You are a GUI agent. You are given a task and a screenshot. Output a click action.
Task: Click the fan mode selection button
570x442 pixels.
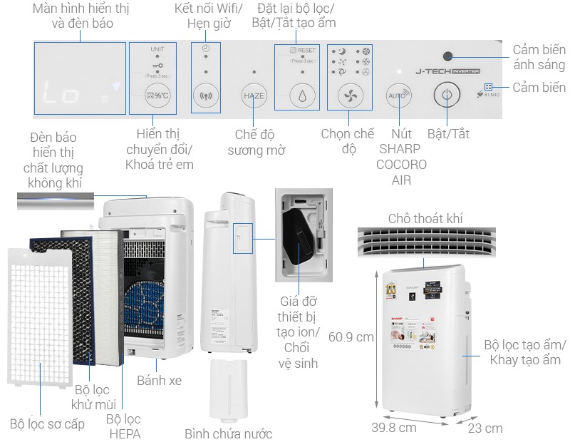click(x=349, y=96)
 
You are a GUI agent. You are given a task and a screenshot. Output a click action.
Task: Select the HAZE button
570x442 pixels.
click(x=254, y=96)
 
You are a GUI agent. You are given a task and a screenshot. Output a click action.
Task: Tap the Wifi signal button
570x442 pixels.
click(x=205, y=96)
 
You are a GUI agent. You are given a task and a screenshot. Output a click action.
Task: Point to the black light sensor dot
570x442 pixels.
click(x=447, y=56)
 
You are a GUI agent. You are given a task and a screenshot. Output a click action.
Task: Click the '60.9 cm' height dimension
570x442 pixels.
click(x=351, y=336)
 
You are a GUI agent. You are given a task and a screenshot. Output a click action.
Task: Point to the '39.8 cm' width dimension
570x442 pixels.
click(x=393, y=428)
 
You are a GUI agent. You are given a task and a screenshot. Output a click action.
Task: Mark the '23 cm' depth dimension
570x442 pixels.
click(x=484, y=428)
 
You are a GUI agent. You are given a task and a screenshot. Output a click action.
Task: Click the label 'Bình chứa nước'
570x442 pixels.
click(x=228, y=433)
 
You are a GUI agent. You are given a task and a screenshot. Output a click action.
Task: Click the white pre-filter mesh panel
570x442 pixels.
click(x=39, y=314)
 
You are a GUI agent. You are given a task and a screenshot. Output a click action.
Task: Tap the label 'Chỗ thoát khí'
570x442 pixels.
click(x=425, y=218)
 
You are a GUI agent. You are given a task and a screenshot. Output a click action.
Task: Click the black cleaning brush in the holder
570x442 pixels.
click(x=299, y=235)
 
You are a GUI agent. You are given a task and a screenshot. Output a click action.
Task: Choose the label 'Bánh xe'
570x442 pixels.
click(x=159, y=380)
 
